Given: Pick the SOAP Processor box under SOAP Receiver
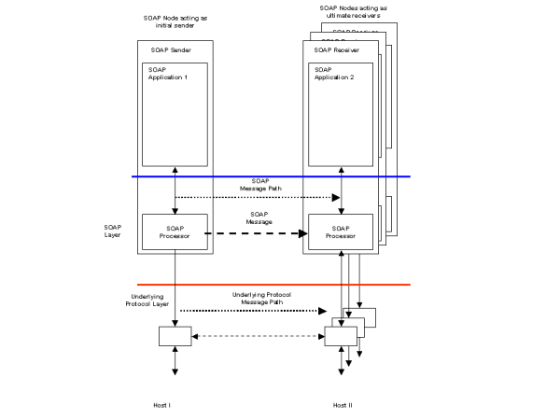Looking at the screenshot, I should pyautogui.click(x=342, y=232).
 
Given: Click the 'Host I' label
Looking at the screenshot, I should pyautogui.click(x=162, y=405).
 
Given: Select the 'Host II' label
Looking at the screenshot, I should pyautogui.click(x=342, y=405).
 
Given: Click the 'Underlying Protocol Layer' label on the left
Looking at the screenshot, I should pyautogui.click(x=121, y=306).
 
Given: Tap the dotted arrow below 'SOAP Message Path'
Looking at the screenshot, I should pyautogui.click(x=258, y=197).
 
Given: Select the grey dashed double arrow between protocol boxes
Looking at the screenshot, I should pyautogui.click(x=257, y=336).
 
